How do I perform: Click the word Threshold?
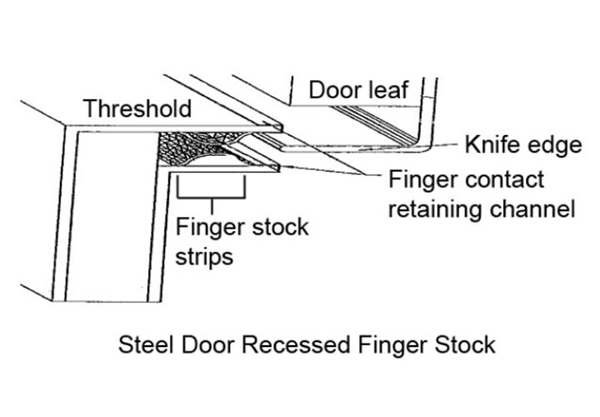pyautogui.click(x=137, y=108)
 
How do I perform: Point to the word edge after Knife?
pyautogui.click(x=552, y=147)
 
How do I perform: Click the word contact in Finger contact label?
pyautogui.click(x=502, y=179)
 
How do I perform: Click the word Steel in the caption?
pyautogui.click(x=143, y=344)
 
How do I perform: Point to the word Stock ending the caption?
pyautogui.click(x=466, y=344)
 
